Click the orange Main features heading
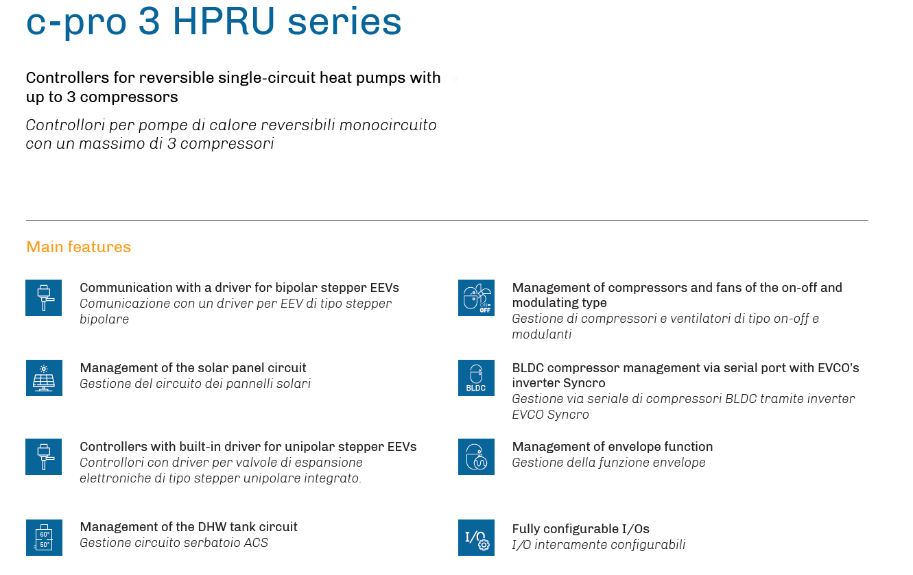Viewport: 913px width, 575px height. pyautogui.click(x=78, y=247)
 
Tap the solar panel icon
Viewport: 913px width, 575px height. pyautogui.click(x=44, y=378)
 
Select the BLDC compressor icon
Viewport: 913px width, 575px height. pyautogui.click(x=476, y=378)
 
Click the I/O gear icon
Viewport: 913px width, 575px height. pyautogui.click(x=476, y=537)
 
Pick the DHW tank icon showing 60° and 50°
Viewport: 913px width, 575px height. pyautogui.click(x=44, y=537)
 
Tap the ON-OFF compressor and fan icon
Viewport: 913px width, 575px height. pyautogui.click(x=476, y=297)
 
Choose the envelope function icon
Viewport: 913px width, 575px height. pyautogui.click(x=476, y=456)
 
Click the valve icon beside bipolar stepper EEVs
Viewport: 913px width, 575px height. pyautogui.click(x=44, y=297)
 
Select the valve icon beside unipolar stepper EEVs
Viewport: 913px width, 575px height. pyautogui.click(x=44, y=456)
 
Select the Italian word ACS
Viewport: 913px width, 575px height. pyautogui.click(x=256, y=543)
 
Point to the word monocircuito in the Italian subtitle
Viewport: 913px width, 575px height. pyautogui.click(x=388, y=125)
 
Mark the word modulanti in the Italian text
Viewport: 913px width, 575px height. pyautogui.click(x=542, y=334)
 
